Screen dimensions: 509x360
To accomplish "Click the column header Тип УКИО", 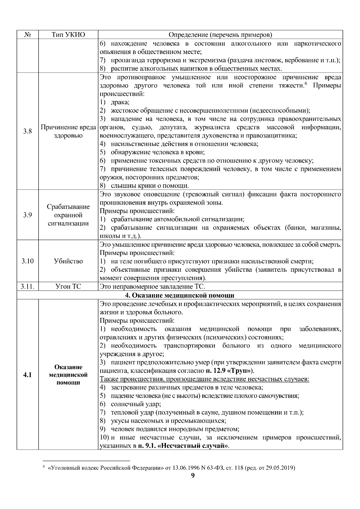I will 68,35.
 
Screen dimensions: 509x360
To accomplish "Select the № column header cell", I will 28,35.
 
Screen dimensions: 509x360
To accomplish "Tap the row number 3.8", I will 28,131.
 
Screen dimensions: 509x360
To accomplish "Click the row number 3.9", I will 28,215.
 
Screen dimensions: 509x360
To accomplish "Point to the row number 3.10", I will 28,261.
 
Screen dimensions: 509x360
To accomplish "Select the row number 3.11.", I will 28,286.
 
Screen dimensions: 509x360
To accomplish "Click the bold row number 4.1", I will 28,375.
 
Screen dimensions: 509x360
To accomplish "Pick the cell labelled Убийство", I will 68,261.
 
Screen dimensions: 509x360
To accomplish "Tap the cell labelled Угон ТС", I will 68,286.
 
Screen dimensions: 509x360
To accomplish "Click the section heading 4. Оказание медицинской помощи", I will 179,295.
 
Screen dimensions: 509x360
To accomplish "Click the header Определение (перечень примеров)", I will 220,35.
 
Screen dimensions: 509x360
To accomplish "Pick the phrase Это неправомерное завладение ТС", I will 152,286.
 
